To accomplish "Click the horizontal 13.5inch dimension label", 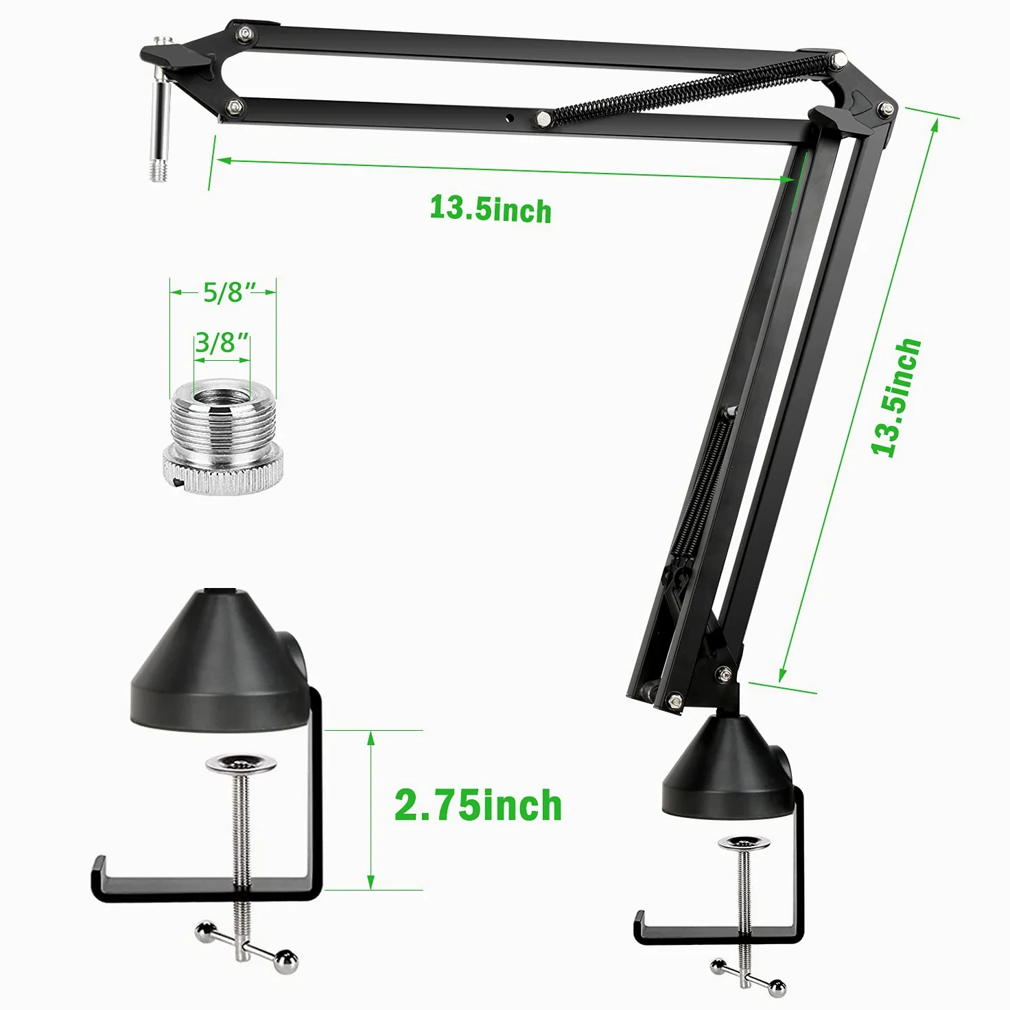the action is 491,209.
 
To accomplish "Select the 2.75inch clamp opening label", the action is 478,805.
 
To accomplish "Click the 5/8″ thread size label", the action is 223,292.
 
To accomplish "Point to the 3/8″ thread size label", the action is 221,342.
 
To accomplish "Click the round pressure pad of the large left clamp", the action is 241,764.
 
